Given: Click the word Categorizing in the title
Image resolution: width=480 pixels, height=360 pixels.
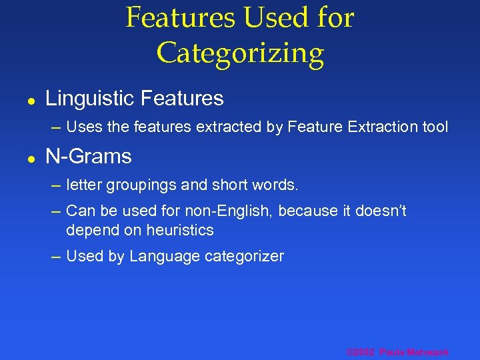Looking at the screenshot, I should pos(240,53).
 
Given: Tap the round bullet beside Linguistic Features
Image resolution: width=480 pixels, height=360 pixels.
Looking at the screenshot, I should pos(31,101).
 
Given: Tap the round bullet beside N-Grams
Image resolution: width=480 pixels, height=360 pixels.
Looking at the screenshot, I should pos(31,159).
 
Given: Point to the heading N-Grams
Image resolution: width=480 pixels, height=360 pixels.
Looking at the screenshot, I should pos(89,157).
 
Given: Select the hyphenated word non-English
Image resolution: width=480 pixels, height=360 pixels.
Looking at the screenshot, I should pos(228,211).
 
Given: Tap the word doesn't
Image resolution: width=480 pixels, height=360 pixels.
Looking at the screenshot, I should pos(379,211).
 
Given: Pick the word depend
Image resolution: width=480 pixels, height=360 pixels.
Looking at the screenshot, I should pos(88,231).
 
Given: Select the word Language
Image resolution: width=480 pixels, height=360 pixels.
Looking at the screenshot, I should pos(159,257).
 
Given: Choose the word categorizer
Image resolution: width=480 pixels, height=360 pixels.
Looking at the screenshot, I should pos(242,257).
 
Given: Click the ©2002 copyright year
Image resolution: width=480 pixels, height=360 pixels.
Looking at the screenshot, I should pos(361,352).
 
